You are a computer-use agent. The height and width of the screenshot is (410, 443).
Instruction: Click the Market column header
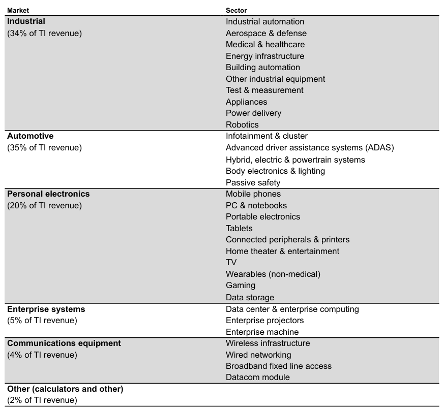pyautogui.click(x=18, y=10)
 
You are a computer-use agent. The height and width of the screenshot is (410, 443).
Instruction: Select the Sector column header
pyautogui.click(x=236, y=10)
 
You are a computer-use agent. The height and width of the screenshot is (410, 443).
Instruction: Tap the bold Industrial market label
pyautogui.click(x=26, y=21)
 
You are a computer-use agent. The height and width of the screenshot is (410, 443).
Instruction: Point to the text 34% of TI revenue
pyautogui.click(x=44, y=34)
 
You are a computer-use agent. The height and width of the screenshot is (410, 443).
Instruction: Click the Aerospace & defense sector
pyautogui.click(x=266, y=34)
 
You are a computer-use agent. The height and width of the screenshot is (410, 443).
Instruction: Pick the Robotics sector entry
pyautogui.click(x=242, y=124)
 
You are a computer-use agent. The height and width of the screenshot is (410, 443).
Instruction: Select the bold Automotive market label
pyautogui.click(x=30, y=136)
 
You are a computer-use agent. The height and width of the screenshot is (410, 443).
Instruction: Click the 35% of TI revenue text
pyautogui.click(x=44, y=148)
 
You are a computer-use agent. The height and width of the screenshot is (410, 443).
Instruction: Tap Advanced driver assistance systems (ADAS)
pyautogui.click(x=310, y=148)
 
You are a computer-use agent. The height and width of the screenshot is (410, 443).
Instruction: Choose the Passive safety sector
pyautogui.click(x=253, y=182)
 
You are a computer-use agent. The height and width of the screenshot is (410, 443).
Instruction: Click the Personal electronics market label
pyautogui.click(x=48, y=194)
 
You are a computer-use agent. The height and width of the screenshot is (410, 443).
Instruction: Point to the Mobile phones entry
pyautogui.click(x=253, y=194)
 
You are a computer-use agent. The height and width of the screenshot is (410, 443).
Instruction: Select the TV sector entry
pyautogui.click(x=231, y=263)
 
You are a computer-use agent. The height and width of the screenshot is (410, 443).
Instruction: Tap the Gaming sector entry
pyautogui.click(x=241, y=286)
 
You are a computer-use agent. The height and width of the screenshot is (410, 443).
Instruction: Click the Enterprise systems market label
pyautogui.click(x=46, y=309)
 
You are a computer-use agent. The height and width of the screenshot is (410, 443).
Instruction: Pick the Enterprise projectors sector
pyautogui.click(x=264, y=321)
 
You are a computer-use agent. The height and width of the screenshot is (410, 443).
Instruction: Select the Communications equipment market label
pyautogui.click(x=64, y=343)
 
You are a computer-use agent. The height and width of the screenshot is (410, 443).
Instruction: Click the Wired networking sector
pyautogui.click(x=258, y=355)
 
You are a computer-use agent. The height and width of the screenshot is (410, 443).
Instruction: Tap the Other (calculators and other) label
pyautogui.click(x=65, y=389)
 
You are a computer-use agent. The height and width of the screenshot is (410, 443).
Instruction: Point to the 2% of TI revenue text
pyautogui.click(x=42, y=400)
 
